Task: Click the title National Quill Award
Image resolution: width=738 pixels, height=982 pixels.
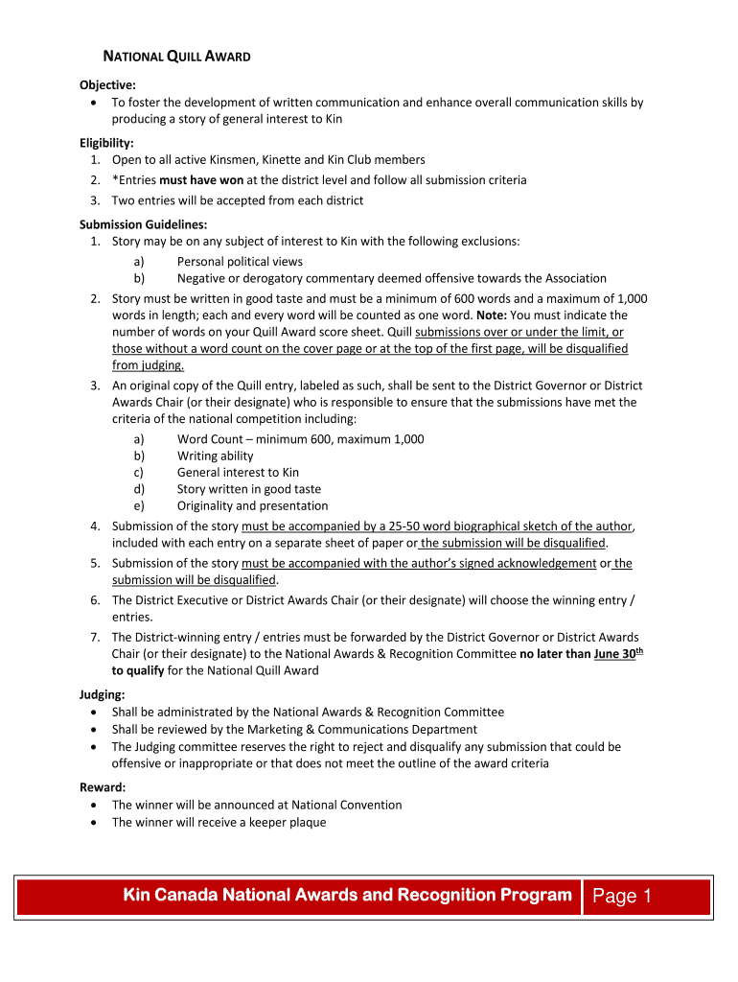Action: pyautogui.click(x=177, y=57)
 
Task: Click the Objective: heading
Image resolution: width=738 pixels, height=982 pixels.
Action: pyautogui.click(x=107, y=85)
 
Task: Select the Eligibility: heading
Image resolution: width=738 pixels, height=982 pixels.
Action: pyautogui.click(x=106, y=143)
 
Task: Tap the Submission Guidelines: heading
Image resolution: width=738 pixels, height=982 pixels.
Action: pyautogui.click(x=143, y=224)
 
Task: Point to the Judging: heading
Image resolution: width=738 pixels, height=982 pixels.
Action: pyautogui.click(x=102, y=694)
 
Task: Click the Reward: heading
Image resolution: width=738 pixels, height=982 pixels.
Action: pyautogui.click(x=102, y=787)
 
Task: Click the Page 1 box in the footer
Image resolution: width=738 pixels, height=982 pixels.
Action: pyautogui.click(x=622, y=896)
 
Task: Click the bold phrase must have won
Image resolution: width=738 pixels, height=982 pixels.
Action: pyautogui.click(x=201, y=180)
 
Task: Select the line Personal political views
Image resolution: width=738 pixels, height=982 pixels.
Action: pyautogui.click(x=240, y=262)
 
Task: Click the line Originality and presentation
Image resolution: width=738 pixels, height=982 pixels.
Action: pyautogui.click(x=252, y=506)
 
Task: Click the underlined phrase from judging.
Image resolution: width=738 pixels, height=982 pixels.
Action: pyautogui.click(x=148, y=365)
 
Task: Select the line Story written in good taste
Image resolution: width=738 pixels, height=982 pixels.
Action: pyautogui.click(x=249, y=489)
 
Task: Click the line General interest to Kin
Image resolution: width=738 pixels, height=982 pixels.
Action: pyautogui.click(x=238, y=473)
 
